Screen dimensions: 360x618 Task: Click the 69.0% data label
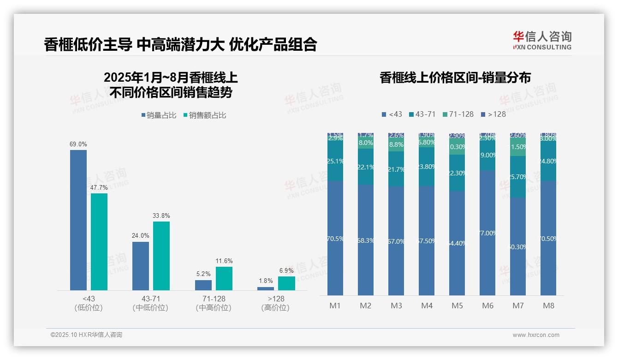pyautogui.click(x=78, y=144)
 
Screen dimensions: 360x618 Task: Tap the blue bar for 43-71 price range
pyautogui.click(x=141, y=266)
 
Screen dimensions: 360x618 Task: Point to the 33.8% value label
pyautogui.click(x=161, y=216)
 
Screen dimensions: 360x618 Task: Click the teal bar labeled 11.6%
pyautogui.click(x=224, y=278)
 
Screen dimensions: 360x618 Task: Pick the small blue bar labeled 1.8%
pyautogui.click(x=266, y=288)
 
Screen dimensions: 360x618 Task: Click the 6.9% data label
pyautogui.click(x=286, y=270)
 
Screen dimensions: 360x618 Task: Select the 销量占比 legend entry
pyautogui.click(x=159, y=115)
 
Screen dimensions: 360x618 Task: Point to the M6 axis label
pyautogui.click(x=487, y=306)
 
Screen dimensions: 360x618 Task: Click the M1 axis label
pyautogui.click(x=335, y=306)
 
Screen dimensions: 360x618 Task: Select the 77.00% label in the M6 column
pyautogui.click(x=488, y=233)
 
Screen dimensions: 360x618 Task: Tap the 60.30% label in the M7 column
pyautogui.click(x=518, y=247)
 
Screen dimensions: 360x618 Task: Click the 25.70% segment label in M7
pyautogui.click(x=518, y=177)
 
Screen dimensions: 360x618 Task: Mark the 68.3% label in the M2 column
pyautogui.click(x=366, y=240)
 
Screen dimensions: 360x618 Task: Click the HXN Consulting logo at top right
pyautogui.click(x=542, y=40)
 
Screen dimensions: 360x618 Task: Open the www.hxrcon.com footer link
pyautogui.click(x=535, y=335)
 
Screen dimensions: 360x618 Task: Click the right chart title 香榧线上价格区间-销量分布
pyautogui.click(x=455, y=78)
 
